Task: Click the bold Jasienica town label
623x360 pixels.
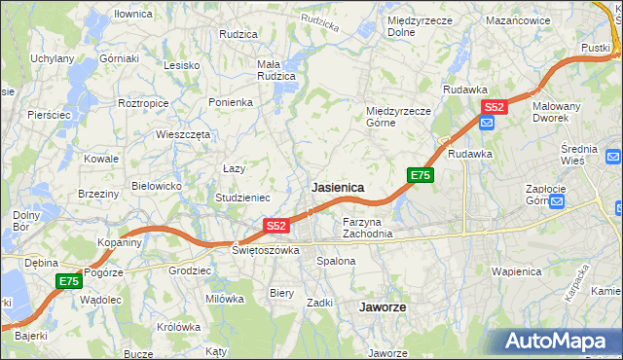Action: coord(338,187)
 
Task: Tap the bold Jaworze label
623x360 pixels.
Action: coord(382,306)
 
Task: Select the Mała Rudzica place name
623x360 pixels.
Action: coord(275,71)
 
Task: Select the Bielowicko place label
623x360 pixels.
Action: coord(158,185)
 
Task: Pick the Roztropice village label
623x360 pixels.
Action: coord(144,102)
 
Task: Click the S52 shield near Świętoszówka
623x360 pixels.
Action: coord(276,226)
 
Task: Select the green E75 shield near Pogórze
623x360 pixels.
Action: coord(68,281)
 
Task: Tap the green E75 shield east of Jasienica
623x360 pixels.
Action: coord(420,175)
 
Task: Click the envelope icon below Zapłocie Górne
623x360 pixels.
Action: coord(556,202)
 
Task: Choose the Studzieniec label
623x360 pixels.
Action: coord(242,198)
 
